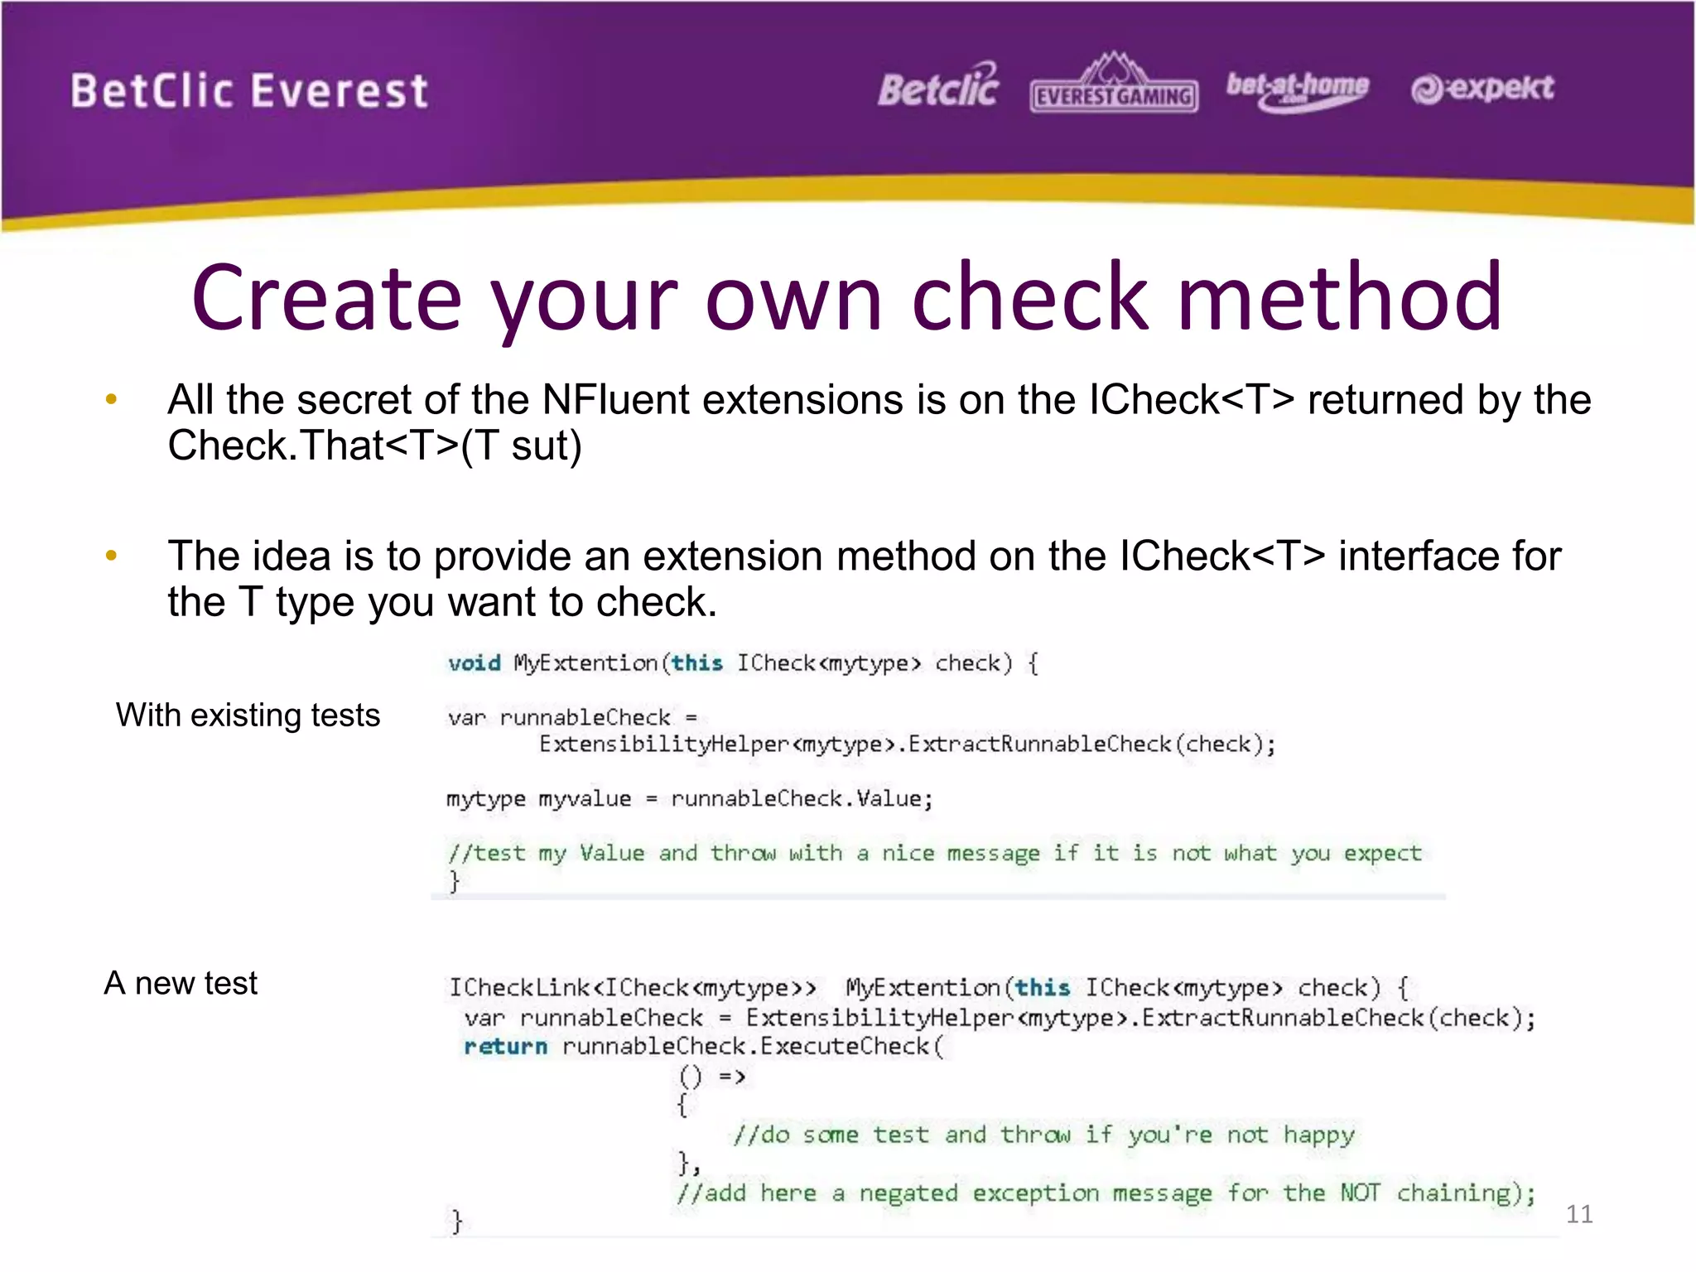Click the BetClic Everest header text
tap(248, 91)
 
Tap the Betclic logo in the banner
tap(938, 87)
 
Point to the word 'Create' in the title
tap(326, 298)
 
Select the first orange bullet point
tap(112, 400)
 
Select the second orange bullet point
tap(112, 556)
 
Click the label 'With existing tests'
tap(248, 715)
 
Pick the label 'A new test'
tap(181, 983)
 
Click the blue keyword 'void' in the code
tap(475, 663)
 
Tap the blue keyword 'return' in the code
tap(505, 1047)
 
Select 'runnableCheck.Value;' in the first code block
tap(802, 799)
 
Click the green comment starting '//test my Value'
tap(934, 853)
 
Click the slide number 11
tap(1578, 1214)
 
